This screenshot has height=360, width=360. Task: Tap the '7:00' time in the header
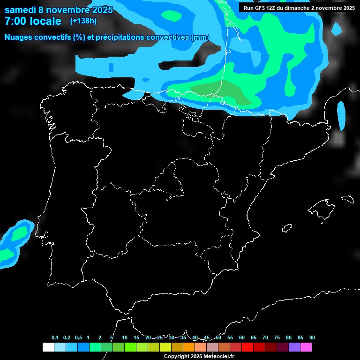tap(15, 21)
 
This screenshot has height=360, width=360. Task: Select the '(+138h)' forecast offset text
tap(83, 21)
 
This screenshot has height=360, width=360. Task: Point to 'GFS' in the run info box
tap(259, 8)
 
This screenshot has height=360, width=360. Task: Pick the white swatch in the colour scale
tap(48, 347)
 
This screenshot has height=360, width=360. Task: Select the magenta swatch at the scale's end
tap(306, 347)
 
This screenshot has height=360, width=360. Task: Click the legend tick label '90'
tap(312, 338)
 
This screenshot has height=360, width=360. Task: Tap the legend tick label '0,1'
tap(55, 338)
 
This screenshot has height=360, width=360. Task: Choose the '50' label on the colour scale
tap(218, 338)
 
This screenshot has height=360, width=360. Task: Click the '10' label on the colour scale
tap(125, 338)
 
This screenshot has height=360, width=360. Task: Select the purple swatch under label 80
tap(294, 347)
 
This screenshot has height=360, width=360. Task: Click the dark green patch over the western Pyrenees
tap(225, 91)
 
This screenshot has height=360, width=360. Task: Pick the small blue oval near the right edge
tap(341, 115)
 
